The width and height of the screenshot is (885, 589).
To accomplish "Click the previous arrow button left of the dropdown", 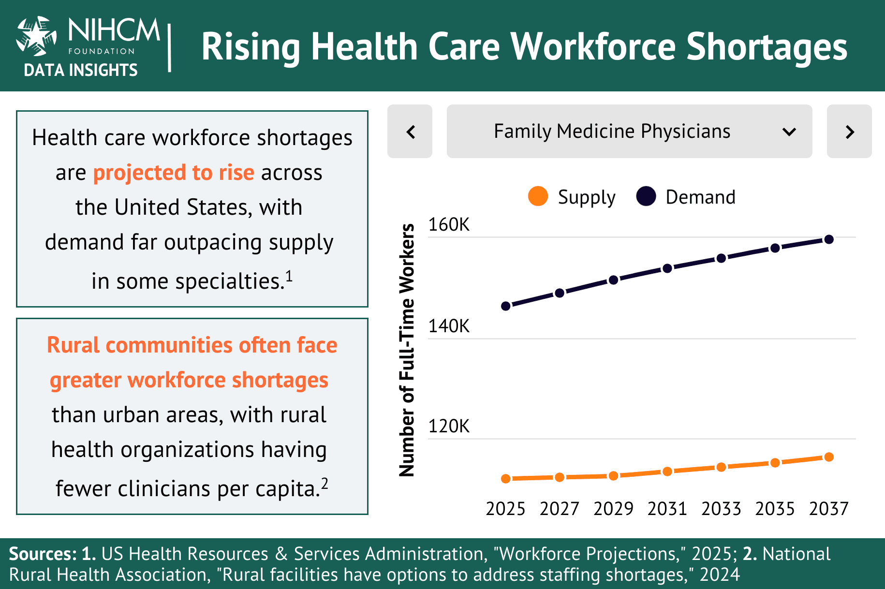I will pyautogui.click(x=410, y=132).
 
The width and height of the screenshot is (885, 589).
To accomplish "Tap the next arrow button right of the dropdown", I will pyautogui.click(x=849, y=132).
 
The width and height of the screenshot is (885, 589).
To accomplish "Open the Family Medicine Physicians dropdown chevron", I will pyautogui.click(x=789, y=132).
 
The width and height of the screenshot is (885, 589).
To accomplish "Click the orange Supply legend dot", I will pyautogui.click(x=538, y=196).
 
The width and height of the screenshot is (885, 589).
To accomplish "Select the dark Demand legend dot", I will pyautogui.click(x=646, y=196).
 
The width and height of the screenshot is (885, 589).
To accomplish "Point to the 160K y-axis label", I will pyautogui.click(x=449, y=225).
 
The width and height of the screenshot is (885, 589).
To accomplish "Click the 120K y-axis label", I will pyautogui.click(x=449, y=426).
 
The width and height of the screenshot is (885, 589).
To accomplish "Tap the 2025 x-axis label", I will pyautogui.click(x=505, y=509).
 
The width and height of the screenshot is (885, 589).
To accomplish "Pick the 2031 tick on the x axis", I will pyautogui.click(x=667, y=509).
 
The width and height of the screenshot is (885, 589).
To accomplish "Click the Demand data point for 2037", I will pyautogui.click(x=829, y=239).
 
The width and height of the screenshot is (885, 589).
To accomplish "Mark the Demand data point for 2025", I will pyautogui.click(x=506, y=306).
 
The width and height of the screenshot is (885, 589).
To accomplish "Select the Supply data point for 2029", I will pyautogui.click(x=613, y=476).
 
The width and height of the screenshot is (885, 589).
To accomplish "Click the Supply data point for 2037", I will pyautogui.click(x=829, y=457).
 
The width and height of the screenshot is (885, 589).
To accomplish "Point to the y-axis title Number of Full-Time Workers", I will pyautogui.click(x=407, y=350).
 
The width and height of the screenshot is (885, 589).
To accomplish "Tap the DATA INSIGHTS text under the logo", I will pyautogui.click(x=81, y=71).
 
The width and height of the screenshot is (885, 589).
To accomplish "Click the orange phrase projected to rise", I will pyautogui.click(x=173, y=173).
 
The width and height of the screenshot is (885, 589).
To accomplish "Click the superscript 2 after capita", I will pyautogui.click(x=324, y=483).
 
